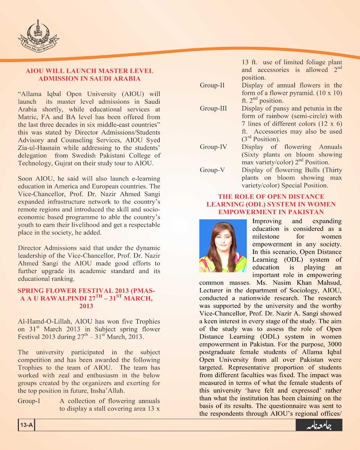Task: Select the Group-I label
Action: click(x=30, y=400)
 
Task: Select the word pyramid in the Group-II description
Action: click(x=310, y=93)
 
